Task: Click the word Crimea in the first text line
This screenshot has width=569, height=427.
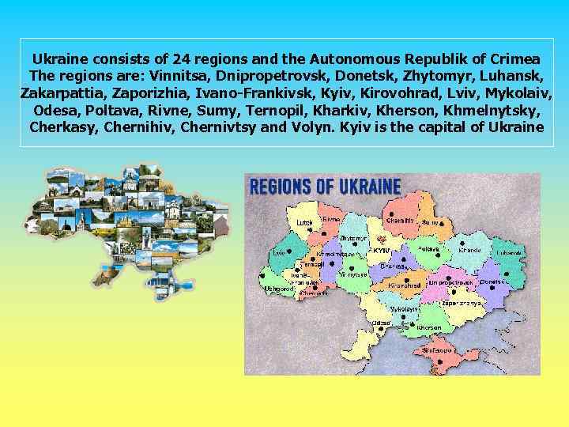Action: pos(515,59)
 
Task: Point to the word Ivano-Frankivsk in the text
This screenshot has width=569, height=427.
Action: pos(238,93)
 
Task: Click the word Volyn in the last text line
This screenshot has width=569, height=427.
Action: pos(332,127)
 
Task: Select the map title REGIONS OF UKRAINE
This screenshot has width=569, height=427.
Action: pos(325,187)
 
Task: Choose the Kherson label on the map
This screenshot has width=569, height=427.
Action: pos(429,327)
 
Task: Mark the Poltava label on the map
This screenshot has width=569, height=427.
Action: pos(429,248)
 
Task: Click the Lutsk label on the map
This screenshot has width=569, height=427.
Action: pos(304,223)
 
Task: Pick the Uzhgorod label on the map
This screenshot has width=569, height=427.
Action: pos(279,288)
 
